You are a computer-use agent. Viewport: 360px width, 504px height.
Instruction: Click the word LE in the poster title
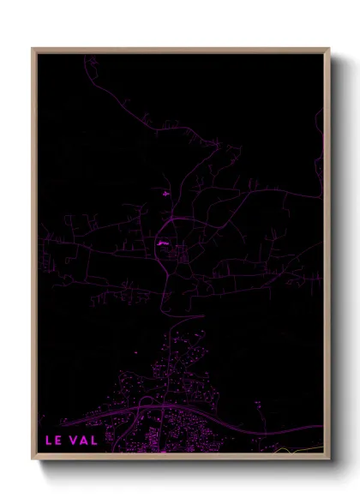(53, 441)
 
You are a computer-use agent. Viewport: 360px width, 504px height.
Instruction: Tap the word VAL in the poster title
(84, 441)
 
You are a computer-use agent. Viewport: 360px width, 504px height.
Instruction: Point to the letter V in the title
(74, 441)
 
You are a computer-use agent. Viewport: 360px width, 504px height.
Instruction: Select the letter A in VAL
(84, 441)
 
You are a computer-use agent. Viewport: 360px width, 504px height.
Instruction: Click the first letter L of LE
(49, 441)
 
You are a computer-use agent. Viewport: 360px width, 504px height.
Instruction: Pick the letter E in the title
(58, 441)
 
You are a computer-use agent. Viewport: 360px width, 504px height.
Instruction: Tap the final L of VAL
(94, 441)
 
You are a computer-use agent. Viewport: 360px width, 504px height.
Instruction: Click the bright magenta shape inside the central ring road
(162, 243)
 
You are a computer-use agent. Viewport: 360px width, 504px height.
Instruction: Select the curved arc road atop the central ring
(180, 220)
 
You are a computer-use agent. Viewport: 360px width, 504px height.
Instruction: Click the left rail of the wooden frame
(33, 257)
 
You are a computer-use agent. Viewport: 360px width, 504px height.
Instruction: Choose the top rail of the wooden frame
(180, 49)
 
